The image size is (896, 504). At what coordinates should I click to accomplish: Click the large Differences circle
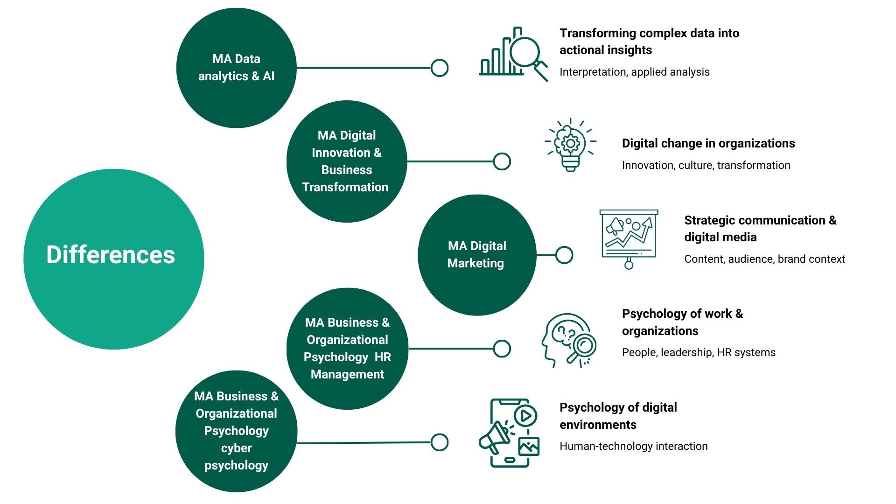coord(113,259)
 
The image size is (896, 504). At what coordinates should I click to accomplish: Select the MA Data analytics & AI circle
coord(236,68)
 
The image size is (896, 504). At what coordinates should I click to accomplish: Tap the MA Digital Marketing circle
coord(476,255)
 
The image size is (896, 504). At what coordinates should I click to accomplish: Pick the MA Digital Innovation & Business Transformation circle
coord(346,161)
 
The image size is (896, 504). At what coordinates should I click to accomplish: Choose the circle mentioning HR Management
coord(347,348)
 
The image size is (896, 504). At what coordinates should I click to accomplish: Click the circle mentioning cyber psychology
coord(236,431)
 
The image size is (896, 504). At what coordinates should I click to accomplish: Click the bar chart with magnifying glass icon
coord(513,54)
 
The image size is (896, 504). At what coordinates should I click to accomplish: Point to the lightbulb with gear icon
coord(570,145)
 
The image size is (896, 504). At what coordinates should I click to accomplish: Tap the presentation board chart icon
coord(629,238)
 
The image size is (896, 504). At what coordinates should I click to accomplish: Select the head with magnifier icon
coord(568,340)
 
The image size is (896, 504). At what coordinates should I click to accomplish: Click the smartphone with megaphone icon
coord(510,433)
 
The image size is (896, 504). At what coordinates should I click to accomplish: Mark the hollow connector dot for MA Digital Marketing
coord(564,255)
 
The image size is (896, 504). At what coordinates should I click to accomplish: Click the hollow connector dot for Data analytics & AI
coord(439,68)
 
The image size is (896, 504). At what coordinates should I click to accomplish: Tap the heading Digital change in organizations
coord(708,143)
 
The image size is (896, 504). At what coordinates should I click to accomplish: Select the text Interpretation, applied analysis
coord(634,72)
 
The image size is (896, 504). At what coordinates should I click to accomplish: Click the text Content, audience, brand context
coord(764,259)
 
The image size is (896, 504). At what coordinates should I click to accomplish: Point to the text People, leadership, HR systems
coord(699,352)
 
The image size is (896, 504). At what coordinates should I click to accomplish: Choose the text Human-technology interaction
coord(633,446)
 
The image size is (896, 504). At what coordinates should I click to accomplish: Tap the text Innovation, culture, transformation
coord(706,165)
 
